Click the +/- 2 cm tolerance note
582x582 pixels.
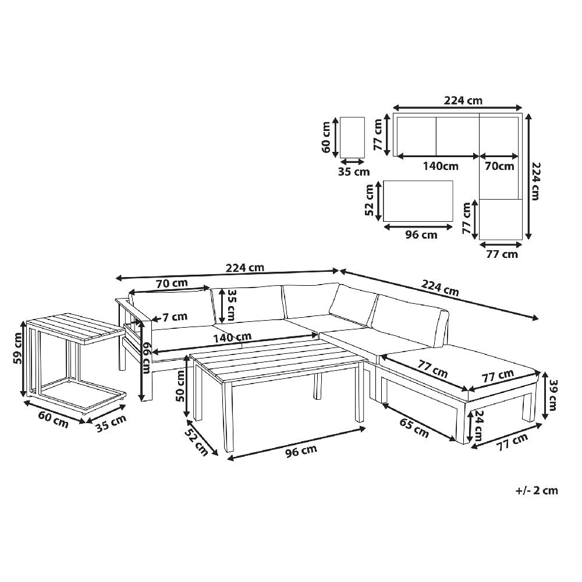click(537, 490)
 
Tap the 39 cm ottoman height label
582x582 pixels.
click(553, 395)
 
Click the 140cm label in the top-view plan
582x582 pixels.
click(441, 166)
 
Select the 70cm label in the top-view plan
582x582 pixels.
click(499, 166)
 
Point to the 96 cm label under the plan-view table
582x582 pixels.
click(421, 235)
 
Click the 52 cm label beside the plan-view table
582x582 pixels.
click(370, 200)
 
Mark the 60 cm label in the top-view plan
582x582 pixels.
click(327, 137)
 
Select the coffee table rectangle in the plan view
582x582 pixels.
click(418, 201)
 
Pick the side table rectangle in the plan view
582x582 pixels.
click(352, 137)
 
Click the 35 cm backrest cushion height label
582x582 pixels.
click(231, 306)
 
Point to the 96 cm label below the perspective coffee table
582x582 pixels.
click(301, 450)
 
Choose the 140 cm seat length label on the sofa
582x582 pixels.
click(232, 338)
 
